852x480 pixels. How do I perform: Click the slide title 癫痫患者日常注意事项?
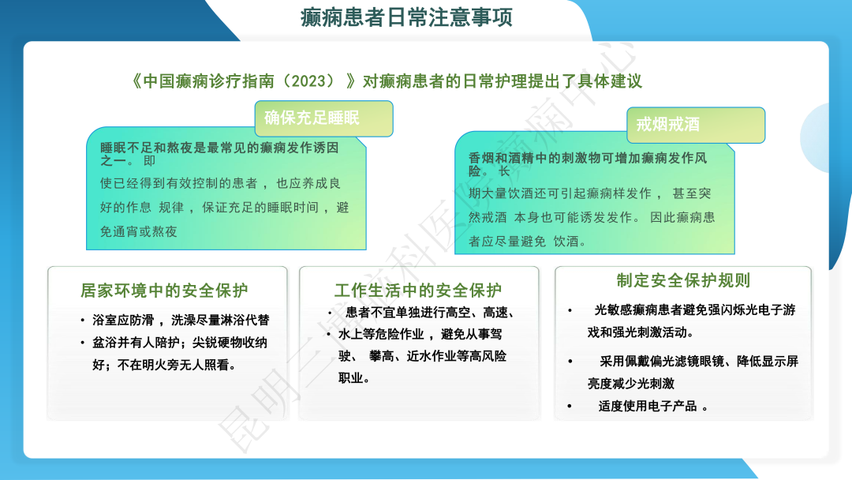coord(406,17)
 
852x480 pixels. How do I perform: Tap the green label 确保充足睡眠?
coord(312,118)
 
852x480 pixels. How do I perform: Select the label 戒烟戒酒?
coord(667,125)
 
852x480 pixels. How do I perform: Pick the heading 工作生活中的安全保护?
coord(417,290)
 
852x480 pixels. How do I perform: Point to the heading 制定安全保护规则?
coord(683,280)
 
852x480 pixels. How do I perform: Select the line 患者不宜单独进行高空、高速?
coord(431,313)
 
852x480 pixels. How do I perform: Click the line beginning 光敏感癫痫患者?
coord(694,310)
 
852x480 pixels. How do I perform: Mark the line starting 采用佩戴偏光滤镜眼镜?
coord(698,362)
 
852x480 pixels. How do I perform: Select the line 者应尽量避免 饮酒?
coord(528,242)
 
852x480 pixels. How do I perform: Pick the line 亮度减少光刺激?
coord(631,384)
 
